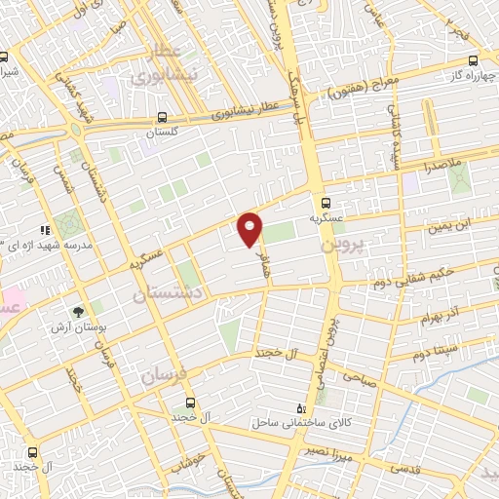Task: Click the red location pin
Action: click(x=250, y=229)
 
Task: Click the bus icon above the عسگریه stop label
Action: click(x=327, y=202)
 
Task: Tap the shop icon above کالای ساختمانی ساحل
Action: click(x=300, y=407)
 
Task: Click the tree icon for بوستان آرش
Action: click(x=76, y=312)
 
